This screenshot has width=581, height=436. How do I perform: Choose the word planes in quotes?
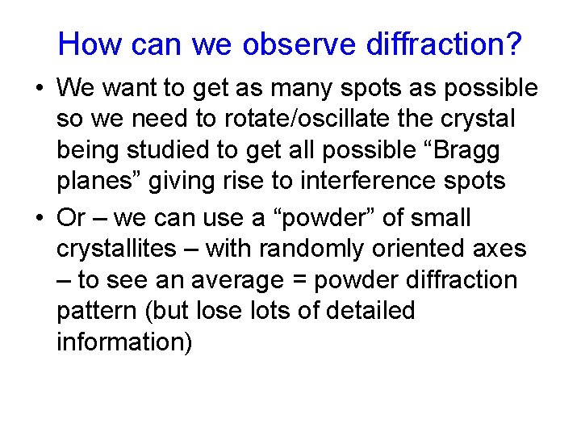[98, 182]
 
